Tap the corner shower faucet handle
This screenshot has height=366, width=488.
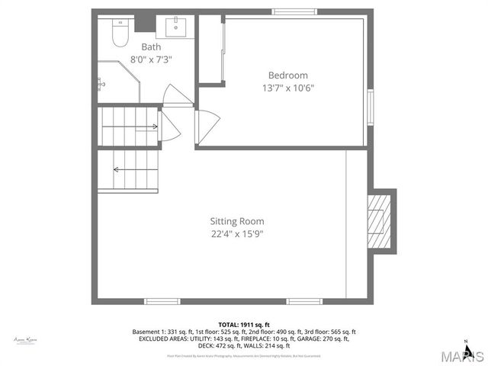[x=101, y=80]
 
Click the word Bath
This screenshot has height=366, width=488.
[x=151, y=47]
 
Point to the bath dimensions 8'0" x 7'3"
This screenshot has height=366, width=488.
[x=151, y=59]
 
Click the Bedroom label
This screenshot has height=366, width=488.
[x=287, y=75]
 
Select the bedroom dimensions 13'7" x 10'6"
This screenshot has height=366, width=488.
[x=287, y=87]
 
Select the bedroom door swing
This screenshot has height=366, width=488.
[x=207, y=124]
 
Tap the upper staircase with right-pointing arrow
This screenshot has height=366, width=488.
[x=129, y=124]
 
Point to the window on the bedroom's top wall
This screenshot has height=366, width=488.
[x=296, y=11]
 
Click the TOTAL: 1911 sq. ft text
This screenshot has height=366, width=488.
[x=244, y=324]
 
